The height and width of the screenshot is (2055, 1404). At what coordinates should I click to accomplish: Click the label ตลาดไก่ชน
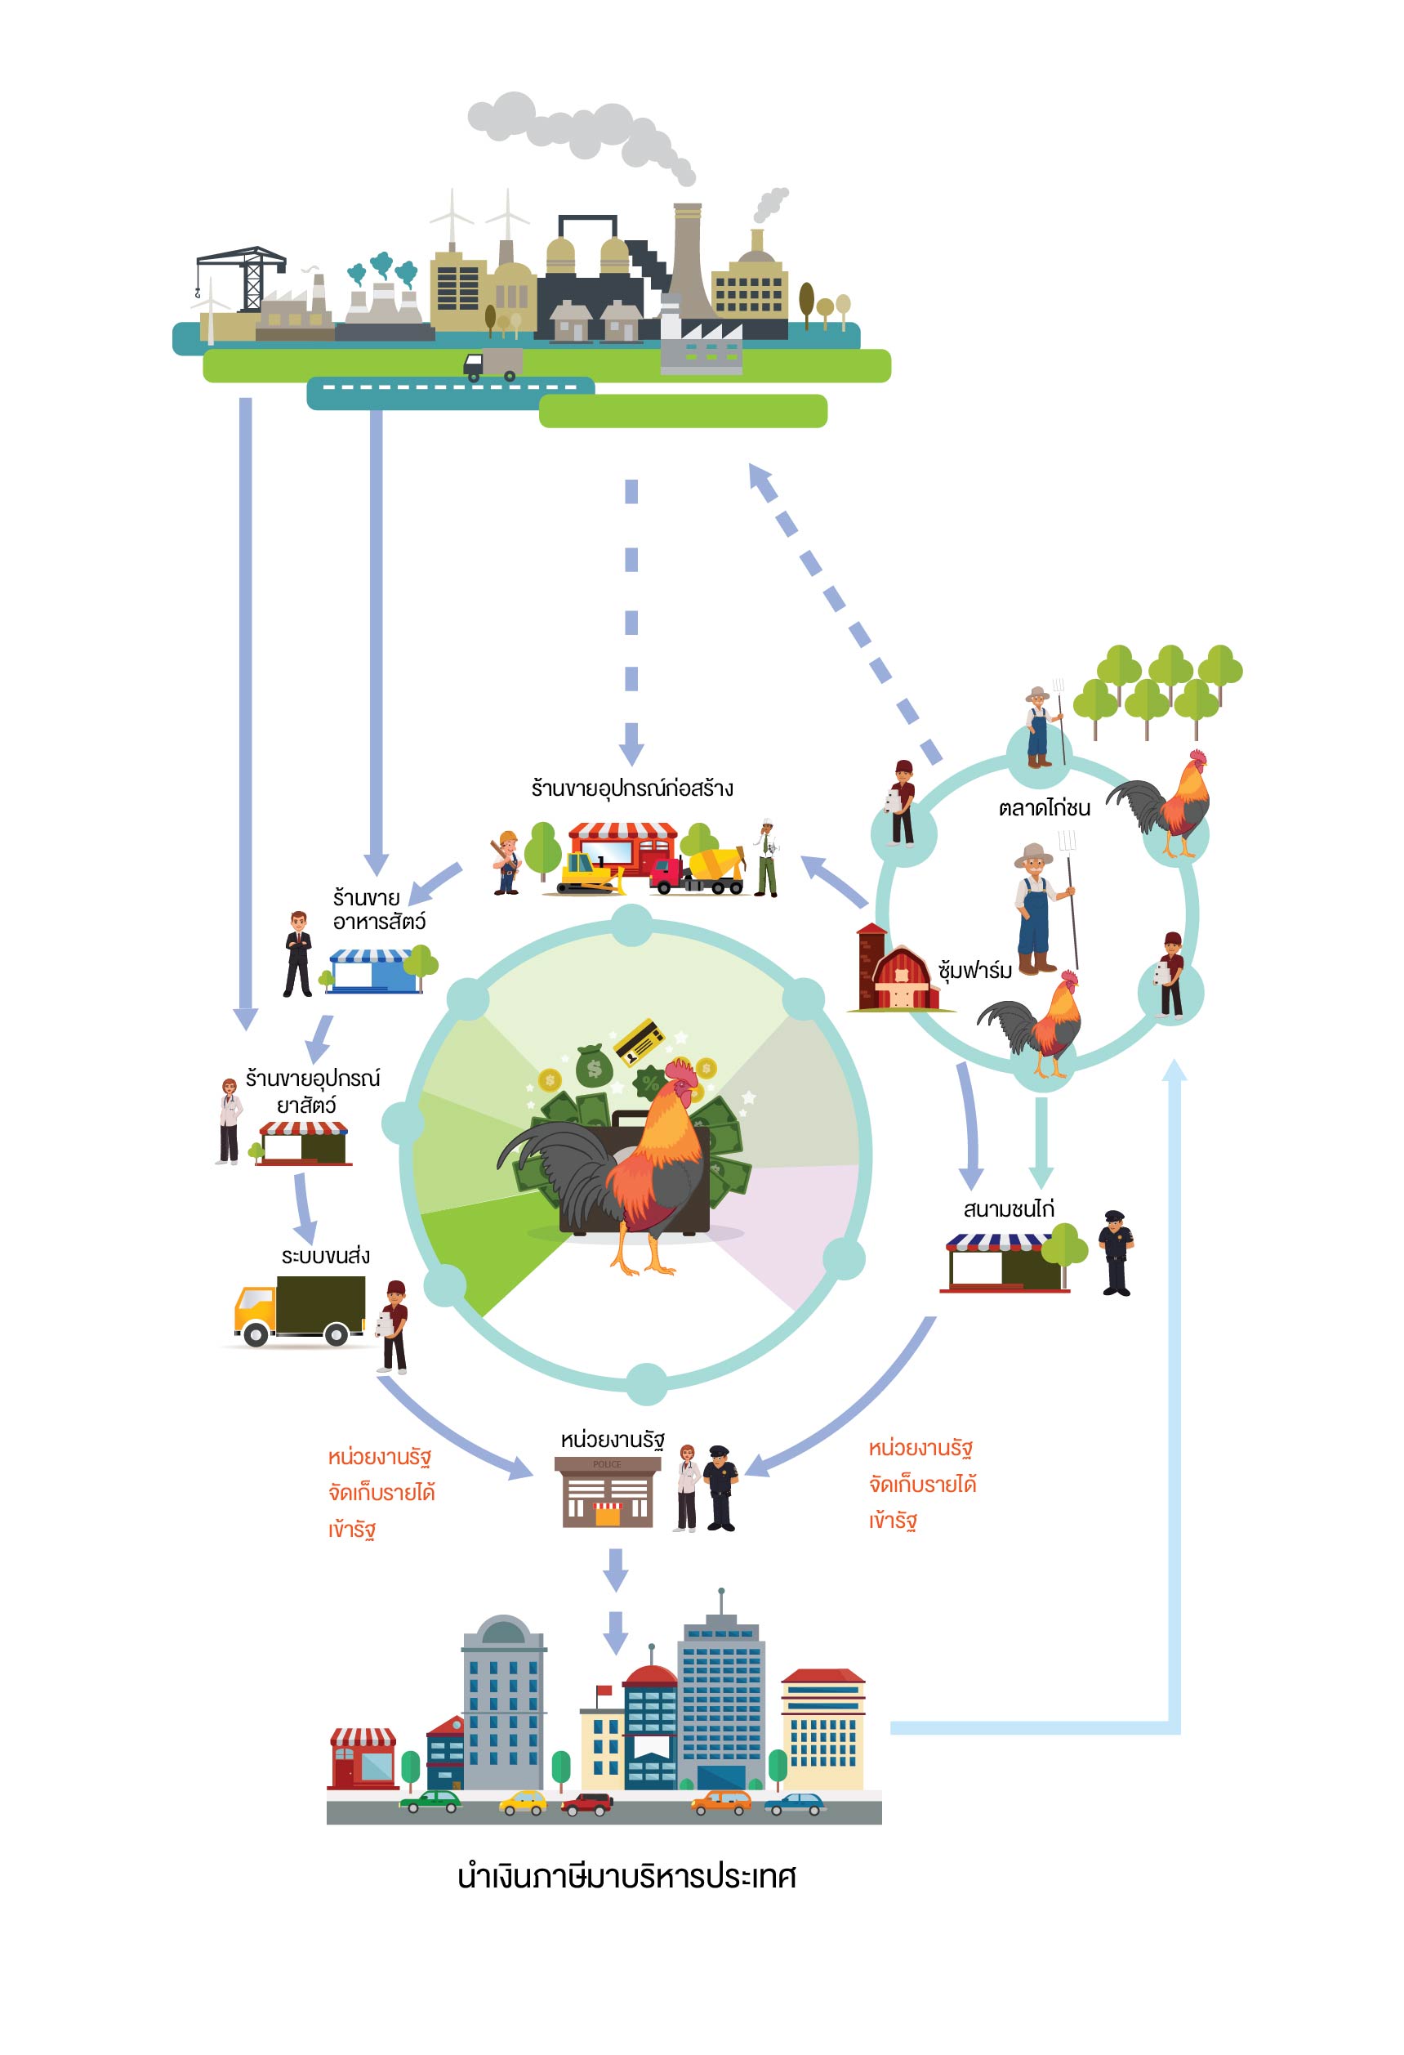point(1044,807)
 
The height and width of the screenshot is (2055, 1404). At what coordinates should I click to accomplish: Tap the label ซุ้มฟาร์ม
point(974,971)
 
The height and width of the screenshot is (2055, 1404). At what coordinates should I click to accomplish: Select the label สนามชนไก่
point(1008,1208)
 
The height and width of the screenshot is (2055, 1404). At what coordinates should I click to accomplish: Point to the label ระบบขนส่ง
point(325,1256)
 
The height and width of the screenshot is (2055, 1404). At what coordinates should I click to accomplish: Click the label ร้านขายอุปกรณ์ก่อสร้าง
point(631,788)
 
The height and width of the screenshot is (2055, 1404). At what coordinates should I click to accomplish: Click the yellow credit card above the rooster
point(640,1041)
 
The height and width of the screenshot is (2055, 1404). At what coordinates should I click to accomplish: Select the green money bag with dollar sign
point(593,1067)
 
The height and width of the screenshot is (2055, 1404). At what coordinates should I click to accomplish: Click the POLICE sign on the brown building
point(607,1464)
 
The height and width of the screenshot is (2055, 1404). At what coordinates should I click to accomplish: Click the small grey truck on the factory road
point(493,364)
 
